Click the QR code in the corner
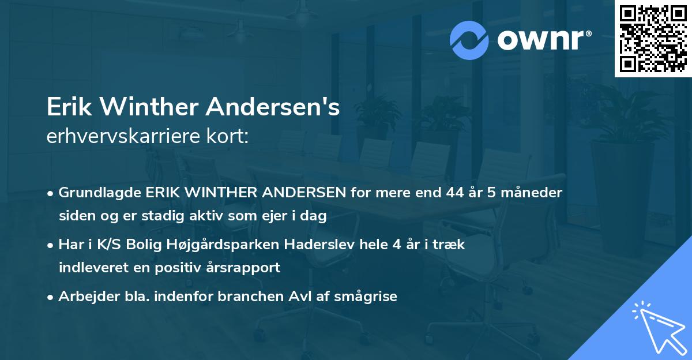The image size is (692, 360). [x=653, y=38]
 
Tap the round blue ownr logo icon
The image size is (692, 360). [x=470, y=40]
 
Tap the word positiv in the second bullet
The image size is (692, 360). [x=179, y=268]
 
